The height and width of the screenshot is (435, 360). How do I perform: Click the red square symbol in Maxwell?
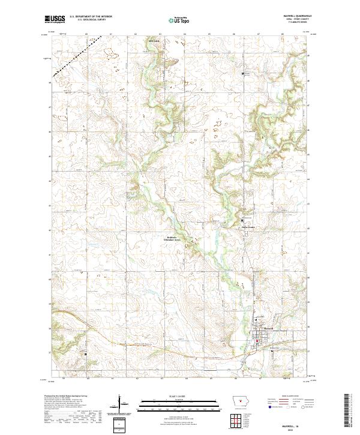(x=258, y=342)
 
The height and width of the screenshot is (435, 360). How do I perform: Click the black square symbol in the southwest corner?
(x=85, y=354)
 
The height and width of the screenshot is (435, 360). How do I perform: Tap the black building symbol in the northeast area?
(x=244, y=74)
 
